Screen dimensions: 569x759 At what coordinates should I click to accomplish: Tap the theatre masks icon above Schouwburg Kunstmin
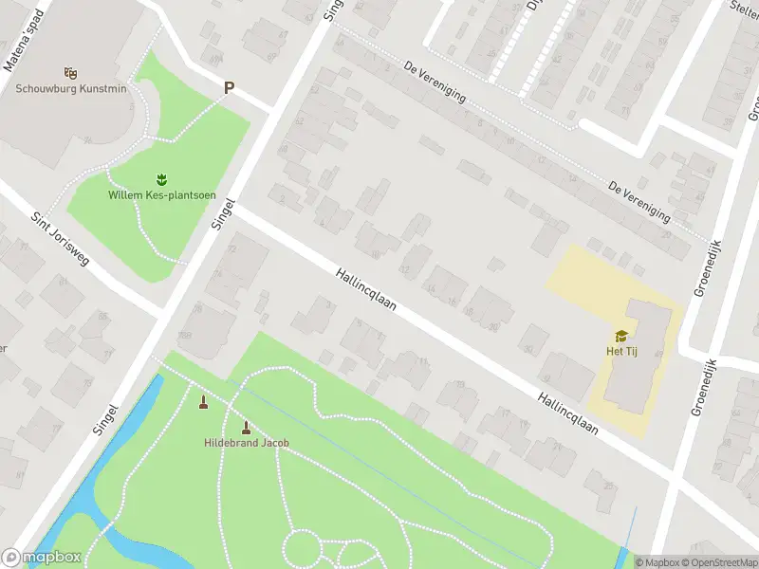point(69,72)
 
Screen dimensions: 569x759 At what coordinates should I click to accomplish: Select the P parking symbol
point(229,88)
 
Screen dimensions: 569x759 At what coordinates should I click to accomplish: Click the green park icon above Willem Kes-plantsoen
point(160,178)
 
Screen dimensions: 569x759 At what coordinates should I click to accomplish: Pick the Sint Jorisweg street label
point(59,237)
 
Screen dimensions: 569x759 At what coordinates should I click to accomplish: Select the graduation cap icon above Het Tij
point(621,336)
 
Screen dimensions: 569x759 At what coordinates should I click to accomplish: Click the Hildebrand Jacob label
point(247,443)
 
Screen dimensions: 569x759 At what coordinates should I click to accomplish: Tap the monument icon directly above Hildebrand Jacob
point(247,427)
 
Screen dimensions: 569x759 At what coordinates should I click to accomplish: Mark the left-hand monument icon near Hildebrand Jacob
point(202,403)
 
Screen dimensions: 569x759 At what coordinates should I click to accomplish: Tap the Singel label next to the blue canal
point(105,418)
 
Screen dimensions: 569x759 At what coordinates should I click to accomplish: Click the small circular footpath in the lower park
point(303,549)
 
